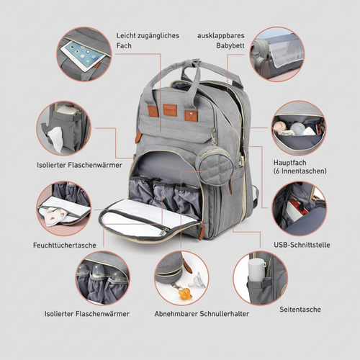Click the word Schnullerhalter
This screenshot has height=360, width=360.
coord(218,314)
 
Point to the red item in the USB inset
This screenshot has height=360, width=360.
coord(294,208)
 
